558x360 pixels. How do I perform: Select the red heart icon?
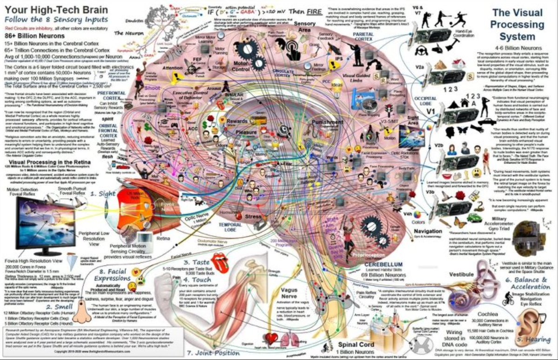[271, 338]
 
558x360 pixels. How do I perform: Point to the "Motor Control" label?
[242, 64]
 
